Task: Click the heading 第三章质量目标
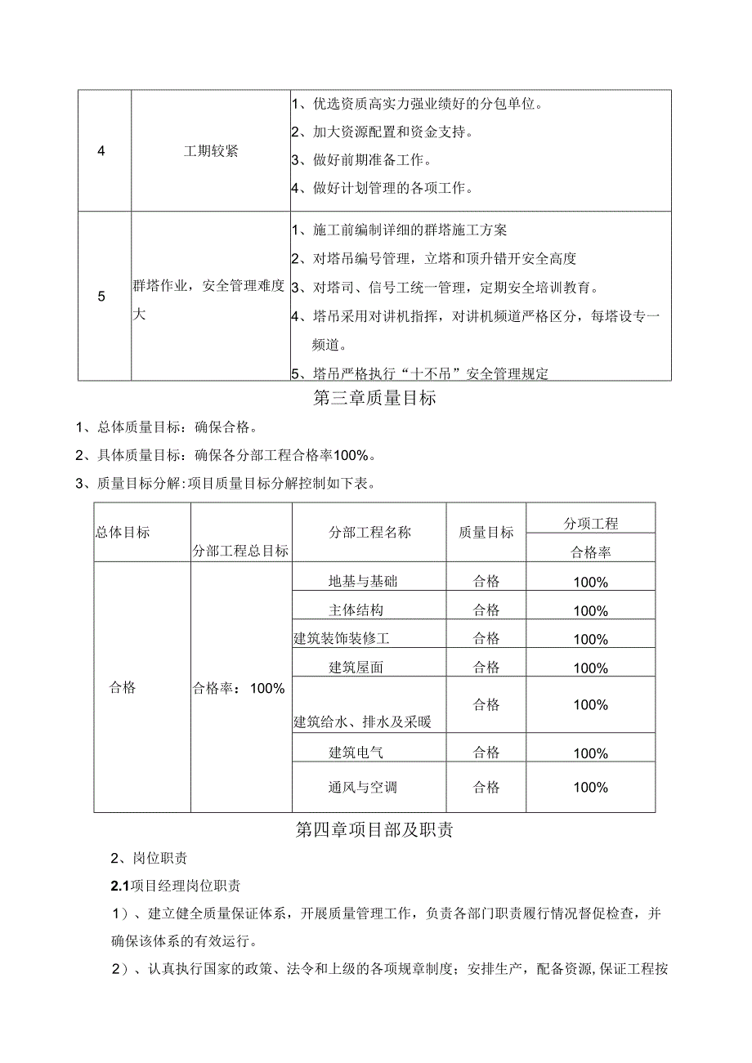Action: click(374, 400)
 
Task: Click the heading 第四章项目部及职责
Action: click(374, 831)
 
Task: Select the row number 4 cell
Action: click(101, 151)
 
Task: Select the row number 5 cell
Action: click(101, 297)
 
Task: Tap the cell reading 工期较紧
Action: click(211, 151)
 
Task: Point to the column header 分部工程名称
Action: click(369, 532)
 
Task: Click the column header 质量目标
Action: click(486, 532)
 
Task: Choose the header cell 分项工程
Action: click(591, 523)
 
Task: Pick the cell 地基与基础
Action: click(363, 582)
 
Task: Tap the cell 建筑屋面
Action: click(356, 667)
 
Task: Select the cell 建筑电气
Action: click(356, 753)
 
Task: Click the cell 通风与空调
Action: click(363, 788)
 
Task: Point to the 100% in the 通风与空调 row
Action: click(590, 788)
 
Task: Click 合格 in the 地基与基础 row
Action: click(486, 582)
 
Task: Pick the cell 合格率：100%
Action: click(238, 688)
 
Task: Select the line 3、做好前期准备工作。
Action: click(373, 159)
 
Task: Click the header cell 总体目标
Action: click(123, 532)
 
